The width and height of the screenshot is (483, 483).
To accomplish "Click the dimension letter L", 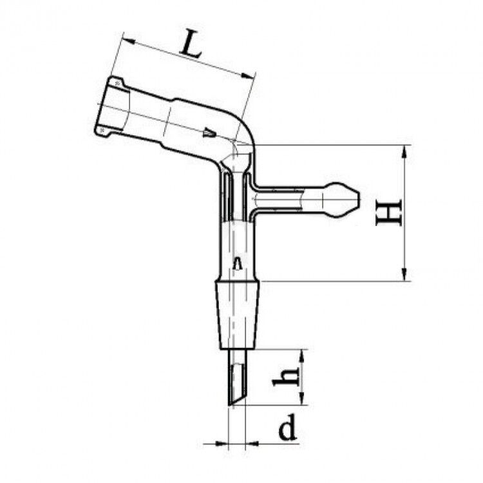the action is [x=191, y=43].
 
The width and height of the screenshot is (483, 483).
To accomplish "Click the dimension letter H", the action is [x=389, y=213].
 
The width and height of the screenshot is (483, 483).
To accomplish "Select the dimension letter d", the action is [x=287, y=426].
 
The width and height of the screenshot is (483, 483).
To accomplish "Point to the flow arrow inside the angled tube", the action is [x=210, y=133].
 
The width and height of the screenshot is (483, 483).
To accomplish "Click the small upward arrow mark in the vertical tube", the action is [x=237, y=263].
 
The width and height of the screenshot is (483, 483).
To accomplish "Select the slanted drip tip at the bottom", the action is [x=237, y=377].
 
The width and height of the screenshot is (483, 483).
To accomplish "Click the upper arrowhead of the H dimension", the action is [x=404, y=152].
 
